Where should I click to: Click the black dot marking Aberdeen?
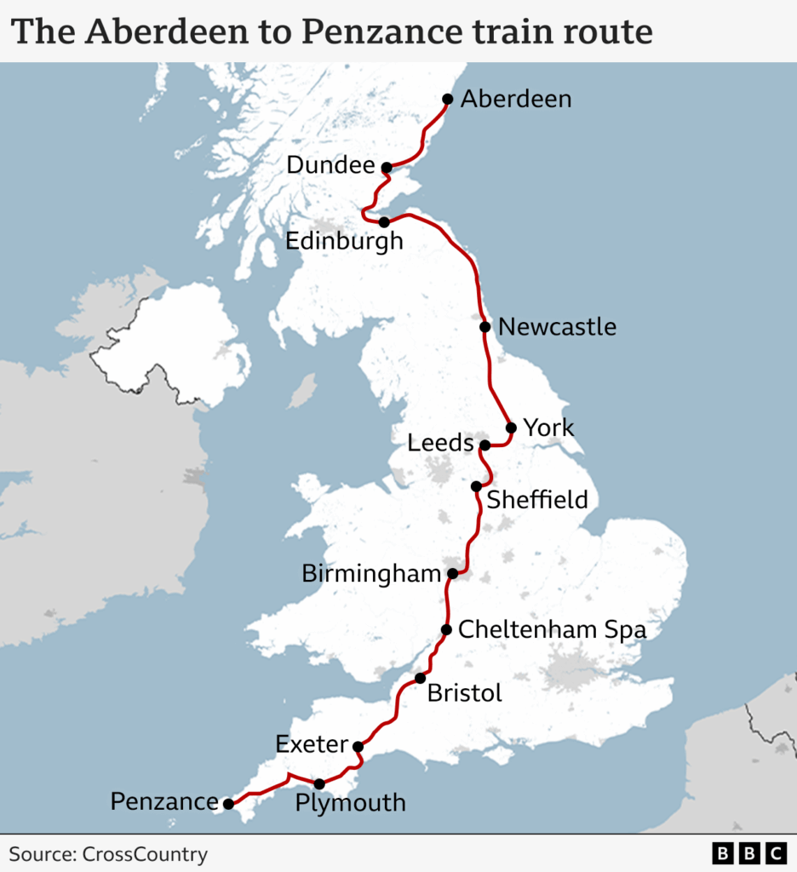(x=448, y=99)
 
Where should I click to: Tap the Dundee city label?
(x=330, y=165)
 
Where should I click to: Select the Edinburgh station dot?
(x=384, y=222)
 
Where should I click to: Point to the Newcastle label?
(x=557, y=327)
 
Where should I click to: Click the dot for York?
(x=511, y=427)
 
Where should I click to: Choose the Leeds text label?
(x=440, y=444)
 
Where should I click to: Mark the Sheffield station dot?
(x=477, y=486)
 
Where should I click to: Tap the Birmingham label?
(x=371, y=574)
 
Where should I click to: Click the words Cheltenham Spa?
(x=552, y=630)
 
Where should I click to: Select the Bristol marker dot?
(x=420, y=679)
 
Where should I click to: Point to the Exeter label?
(x=312, y=745)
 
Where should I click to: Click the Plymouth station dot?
(x=319, y=783)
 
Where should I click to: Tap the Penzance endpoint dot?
(x=228, y=803)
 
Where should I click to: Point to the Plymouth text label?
(x=350, y=803)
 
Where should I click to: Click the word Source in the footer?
(x=40, y=854)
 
